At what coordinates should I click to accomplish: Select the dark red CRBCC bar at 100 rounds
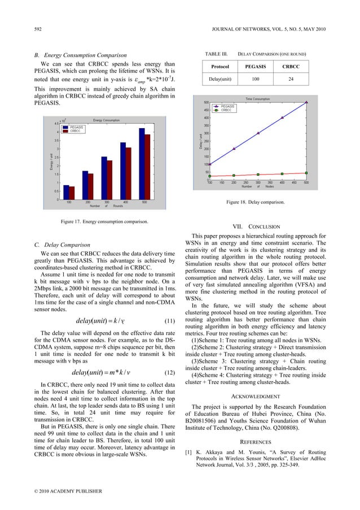pos(72,193)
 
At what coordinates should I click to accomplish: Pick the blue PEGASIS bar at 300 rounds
pos(104,177)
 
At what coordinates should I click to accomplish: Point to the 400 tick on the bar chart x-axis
pos(126,202)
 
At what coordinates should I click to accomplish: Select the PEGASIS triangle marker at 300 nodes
pos(258,133)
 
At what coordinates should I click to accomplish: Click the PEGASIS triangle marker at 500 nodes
pos(306,102)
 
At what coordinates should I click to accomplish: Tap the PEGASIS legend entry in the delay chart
pos(227,106)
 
